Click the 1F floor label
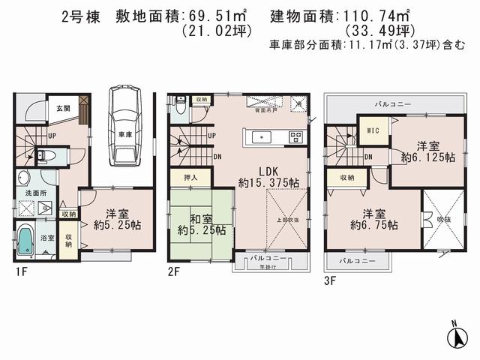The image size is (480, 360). point(20,271)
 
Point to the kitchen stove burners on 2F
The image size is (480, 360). point(295,136)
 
